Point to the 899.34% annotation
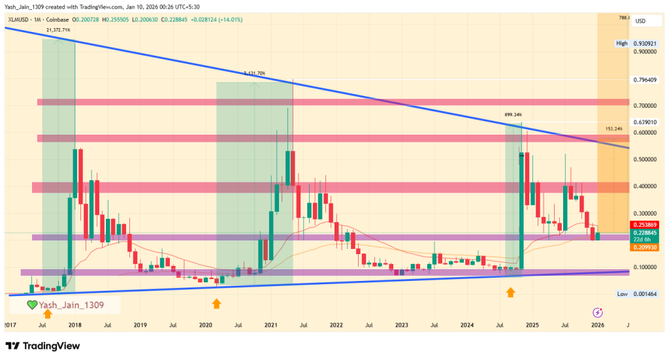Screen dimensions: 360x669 click(514, 114)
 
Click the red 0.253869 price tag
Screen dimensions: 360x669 click(644, 225)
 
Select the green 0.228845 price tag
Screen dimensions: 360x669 click(644, 233)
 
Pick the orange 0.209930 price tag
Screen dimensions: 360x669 click(644, 248)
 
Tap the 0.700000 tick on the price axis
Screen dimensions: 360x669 click(645, 105)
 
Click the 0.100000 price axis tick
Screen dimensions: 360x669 click(645, 267)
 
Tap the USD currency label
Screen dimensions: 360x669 click(640, 21)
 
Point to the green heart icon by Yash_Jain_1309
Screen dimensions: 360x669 click(31, 305)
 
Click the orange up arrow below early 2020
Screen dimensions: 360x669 click(216, 304)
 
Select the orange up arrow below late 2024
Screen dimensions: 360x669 click(511, 294)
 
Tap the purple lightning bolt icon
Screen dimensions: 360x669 click(597, 313)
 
